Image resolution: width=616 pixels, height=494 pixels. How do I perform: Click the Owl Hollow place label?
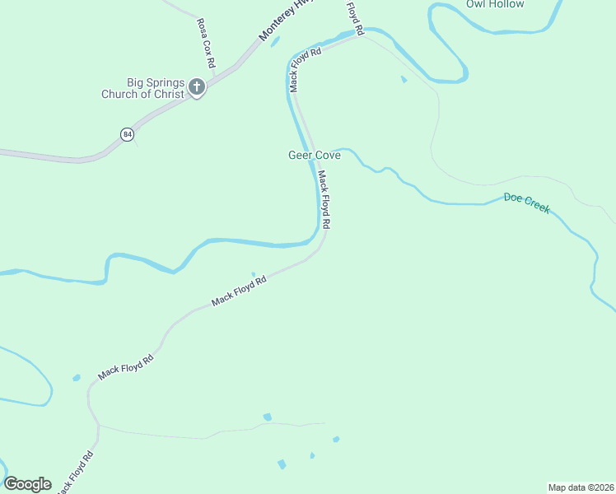tap(495, 4)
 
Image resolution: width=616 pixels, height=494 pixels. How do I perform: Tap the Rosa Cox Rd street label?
tap(206, 43)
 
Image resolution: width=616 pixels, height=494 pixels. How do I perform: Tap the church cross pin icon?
tap(197, 86)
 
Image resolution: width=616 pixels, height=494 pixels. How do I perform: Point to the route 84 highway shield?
tap(127, 134)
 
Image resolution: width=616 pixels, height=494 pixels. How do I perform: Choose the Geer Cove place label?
tap(314, 155)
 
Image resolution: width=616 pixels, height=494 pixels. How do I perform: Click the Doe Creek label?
tap(527, 203)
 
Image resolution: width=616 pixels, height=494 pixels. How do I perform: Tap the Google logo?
tap(27, 484)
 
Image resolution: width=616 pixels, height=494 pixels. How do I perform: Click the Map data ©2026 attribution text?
tap(581, 487)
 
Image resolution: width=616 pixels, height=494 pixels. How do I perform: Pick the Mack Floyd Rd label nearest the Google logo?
tap(75, 472)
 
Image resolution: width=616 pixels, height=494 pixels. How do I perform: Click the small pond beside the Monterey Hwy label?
tap(274, 41)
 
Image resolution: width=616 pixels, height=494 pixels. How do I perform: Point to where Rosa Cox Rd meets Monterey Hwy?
tap(216, 78)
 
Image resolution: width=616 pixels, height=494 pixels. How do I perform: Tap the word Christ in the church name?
tap(166, 94)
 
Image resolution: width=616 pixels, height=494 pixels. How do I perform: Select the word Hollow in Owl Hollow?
tap(506, 4)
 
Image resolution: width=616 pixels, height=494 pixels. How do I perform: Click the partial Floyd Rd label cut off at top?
tap(354, 17)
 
